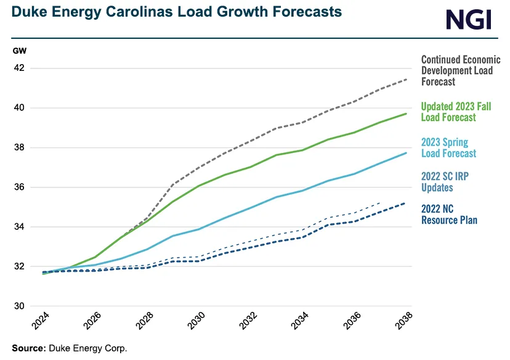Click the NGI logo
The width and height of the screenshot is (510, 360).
(469, 20)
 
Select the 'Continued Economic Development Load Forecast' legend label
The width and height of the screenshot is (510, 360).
(460, 70)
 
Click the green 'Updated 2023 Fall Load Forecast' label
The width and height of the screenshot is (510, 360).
(456, 112)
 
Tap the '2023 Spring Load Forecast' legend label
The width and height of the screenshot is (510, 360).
(448, 147)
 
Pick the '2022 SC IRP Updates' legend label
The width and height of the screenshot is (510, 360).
(445, 181)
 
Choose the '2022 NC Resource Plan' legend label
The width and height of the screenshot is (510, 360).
(449, 214)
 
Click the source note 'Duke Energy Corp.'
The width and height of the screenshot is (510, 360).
(87, 348)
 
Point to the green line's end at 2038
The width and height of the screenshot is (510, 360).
(406, 113)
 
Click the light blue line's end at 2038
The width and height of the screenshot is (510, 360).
(406, 153)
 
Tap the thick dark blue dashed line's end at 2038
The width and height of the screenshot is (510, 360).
(406, 203)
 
